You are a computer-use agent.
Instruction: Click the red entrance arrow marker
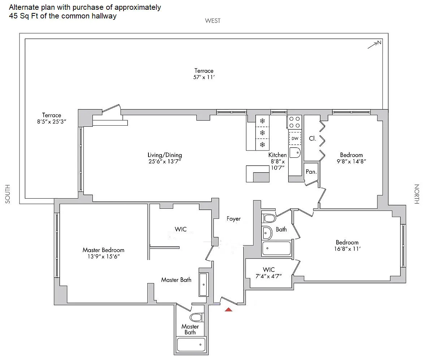[x=229, y=309]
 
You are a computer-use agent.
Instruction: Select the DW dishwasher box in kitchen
[x=295, y=138]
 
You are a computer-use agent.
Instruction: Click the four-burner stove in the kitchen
[x=294, y=122]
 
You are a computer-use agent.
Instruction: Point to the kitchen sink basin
[x=295, y=153]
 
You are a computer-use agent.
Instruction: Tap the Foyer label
[x=234, y=219]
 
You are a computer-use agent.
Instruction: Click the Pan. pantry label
[x=311, y=172]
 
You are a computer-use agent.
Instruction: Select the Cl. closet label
[x=312, y=138]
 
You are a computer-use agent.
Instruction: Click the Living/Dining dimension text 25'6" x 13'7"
[x=165, y=161]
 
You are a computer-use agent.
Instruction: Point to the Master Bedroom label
[x=104, y=250]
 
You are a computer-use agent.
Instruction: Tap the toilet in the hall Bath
[x=269, y=218]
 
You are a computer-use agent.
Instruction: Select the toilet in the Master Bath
[x=196, y=317]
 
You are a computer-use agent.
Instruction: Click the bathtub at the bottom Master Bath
[x=191, y=344]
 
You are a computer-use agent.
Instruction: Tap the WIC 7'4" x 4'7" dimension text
[x=268, y=276]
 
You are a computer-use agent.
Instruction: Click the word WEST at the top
[x=213, y=21]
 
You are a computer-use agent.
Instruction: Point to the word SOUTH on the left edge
[x=8, y=194]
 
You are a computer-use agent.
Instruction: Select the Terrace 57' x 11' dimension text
[x=204, y=77]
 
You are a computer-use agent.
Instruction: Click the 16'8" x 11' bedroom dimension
[x=347, y=249]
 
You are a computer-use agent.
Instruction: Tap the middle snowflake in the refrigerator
[x=262, y=133]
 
